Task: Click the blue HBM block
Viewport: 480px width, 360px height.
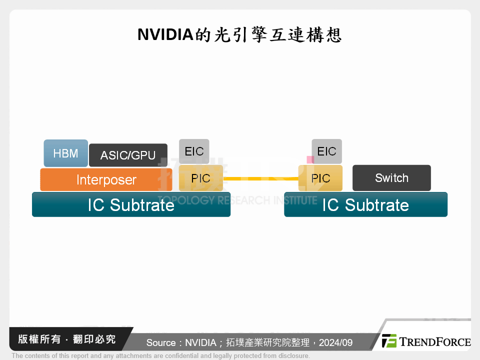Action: tap(65, 153)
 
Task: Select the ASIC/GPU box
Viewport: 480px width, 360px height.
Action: tap(128, 155)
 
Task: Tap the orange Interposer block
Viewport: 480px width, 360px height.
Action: tap(106, 179)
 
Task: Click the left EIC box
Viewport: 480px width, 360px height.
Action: tap(194, 151)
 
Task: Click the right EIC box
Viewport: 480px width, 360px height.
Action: tap(326, 151)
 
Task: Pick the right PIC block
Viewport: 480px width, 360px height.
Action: tap(320, 178)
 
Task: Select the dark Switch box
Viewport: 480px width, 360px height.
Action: tap(391, 178)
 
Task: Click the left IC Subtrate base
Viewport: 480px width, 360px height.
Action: tap(131, 204)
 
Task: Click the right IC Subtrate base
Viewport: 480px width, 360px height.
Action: tap(365, 204)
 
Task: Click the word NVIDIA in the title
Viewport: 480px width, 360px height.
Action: tap(165, 35)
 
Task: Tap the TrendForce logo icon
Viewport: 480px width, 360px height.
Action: tap(389, 341)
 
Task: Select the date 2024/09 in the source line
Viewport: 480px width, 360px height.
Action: tap(335, 342)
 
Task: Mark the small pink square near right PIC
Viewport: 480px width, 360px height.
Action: tap(310, 159)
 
